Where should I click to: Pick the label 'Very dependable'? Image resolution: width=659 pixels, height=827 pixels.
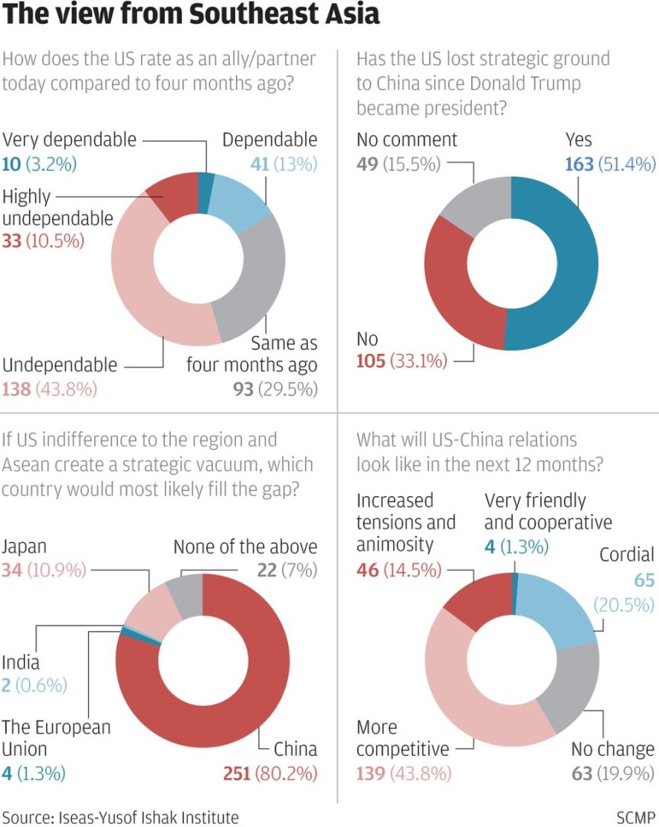pos(70,139)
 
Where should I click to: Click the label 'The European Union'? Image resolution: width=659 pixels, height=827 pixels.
pos(56,737)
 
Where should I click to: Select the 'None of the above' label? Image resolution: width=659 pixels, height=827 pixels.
pos(244,547)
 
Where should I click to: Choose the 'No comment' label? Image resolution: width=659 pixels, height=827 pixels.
pos(407,139)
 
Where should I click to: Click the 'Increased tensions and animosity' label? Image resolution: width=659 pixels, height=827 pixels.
pos(406,522)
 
